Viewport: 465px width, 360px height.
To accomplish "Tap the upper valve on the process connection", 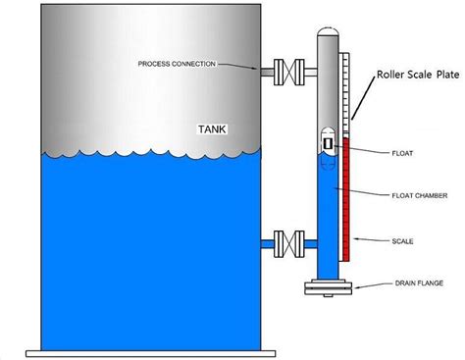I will coord(284,72).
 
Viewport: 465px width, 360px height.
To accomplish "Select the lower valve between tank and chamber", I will coord(284,240).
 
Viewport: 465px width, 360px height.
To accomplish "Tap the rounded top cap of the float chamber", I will coord(326,35).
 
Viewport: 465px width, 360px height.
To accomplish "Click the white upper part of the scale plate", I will coord(343,98).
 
